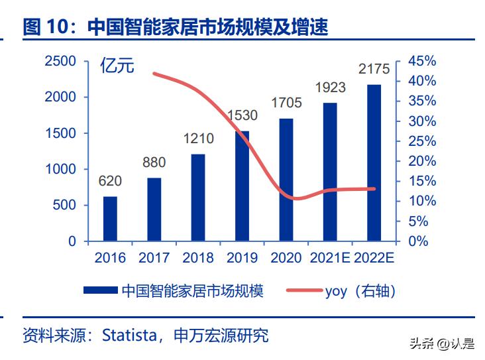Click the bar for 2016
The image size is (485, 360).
pos(110,219)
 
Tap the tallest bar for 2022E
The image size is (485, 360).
pos(374,162)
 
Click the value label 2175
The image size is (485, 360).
pos(374,70)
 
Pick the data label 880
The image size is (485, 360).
pos(154,163)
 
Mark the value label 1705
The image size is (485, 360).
pos(286,103)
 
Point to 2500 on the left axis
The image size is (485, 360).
pos(60,61)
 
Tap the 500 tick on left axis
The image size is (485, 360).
pos(65,206)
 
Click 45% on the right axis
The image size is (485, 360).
pos(421,61)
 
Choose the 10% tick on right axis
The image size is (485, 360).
pos(421,201)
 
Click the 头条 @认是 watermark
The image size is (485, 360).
pos(442,343)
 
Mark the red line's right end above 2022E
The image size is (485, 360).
pos(374,189)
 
